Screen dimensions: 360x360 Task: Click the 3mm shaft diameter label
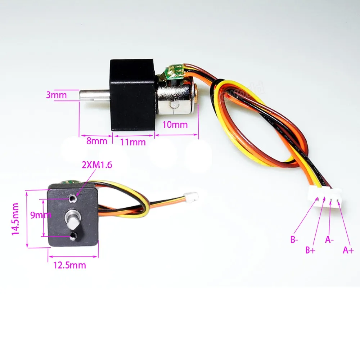[x=56, y=95]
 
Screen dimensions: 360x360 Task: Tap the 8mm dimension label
[x=96, y=141]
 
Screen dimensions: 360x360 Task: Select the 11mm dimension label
[x=133, y=142]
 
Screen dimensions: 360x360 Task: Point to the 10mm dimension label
[x=175, y=125]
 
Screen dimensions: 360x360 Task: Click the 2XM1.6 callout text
[x=97, y=165]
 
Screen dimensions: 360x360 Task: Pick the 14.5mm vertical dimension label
[x=15, y=219]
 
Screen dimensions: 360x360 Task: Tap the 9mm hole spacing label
[x=41, y=215]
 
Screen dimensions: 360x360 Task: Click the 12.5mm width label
[x=70, y=265]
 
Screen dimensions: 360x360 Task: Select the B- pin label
[x=294, y=239]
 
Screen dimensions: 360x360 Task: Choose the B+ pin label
[x=310, y=250]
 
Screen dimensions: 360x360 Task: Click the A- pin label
[x=329, y=240]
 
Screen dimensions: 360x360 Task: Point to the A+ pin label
[x=348, y=250]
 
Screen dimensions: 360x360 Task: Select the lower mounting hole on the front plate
[x=73, y=235]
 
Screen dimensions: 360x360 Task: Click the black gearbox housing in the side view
[x=133, y=95]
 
